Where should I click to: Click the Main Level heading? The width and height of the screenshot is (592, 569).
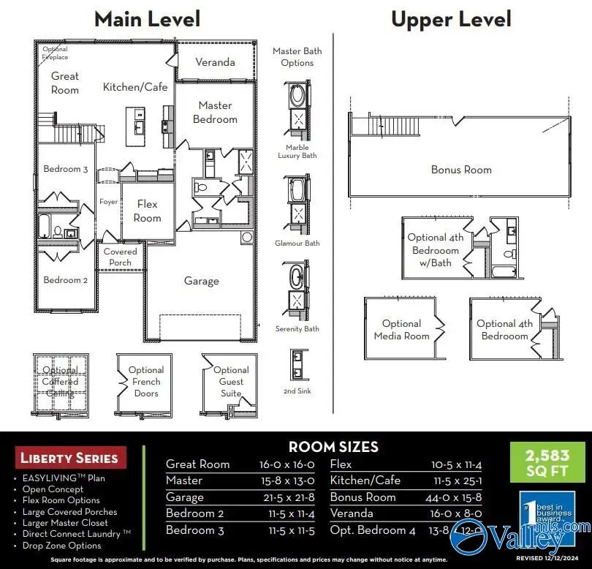tap(147, 18)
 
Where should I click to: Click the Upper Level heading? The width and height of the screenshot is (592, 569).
tap(451, 18)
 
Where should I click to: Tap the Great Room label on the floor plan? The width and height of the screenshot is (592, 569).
tap(64, 83)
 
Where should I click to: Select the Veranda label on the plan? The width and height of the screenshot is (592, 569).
tap(215, 62)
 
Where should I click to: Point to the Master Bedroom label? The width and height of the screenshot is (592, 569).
tap(215, 112)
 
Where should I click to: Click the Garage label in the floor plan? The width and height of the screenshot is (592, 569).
tap(201, 281)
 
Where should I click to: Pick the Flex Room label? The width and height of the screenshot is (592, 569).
tap(147, 211)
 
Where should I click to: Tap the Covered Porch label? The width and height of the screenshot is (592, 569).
tap(120, 257)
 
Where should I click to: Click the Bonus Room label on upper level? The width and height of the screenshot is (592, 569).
tap(461, 170)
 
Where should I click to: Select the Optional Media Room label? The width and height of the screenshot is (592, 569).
tap(401, 329)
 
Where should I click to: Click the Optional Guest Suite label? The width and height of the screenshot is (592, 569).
tap(231, 381)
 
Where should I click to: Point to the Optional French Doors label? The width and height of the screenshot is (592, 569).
tap(146, 381)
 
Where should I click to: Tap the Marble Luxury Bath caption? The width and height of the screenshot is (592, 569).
tap(297, 151)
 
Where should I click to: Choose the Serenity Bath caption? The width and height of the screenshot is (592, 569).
tap(297, 329)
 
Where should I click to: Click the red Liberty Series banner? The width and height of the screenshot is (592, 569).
tap(69, 459)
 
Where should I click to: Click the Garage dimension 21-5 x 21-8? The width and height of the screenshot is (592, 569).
tap(286, 497)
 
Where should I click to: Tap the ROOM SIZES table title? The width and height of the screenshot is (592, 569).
tap(333, 447)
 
